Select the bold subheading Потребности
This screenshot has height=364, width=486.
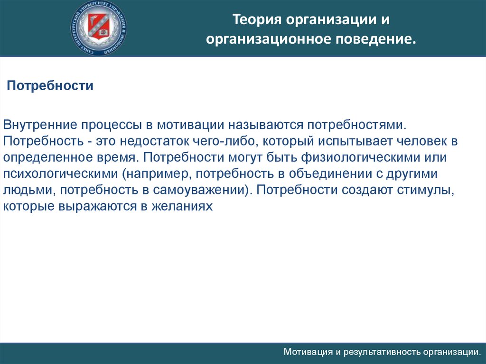coord(49,86)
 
